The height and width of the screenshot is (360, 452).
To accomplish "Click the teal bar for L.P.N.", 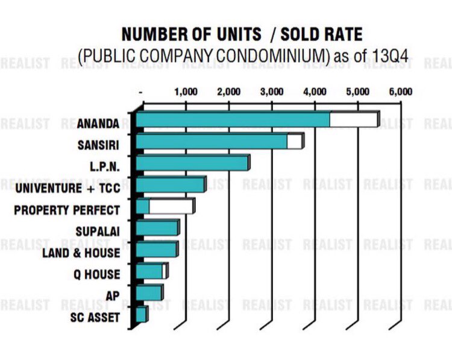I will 192,163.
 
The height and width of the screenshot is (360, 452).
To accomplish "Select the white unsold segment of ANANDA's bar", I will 353,119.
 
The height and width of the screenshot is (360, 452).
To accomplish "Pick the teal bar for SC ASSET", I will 140,314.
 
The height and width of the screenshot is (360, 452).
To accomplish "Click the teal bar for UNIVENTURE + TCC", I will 170,185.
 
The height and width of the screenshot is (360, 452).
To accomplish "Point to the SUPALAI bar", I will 157,228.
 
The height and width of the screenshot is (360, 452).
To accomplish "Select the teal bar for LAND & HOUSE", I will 156,249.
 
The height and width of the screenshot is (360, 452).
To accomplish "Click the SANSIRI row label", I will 98,145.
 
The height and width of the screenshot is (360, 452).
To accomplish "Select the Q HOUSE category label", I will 98,275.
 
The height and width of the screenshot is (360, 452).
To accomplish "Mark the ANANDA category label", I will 98,124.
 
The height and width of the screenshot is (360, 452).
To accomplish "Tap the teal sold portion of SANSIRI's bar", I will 211,141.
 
